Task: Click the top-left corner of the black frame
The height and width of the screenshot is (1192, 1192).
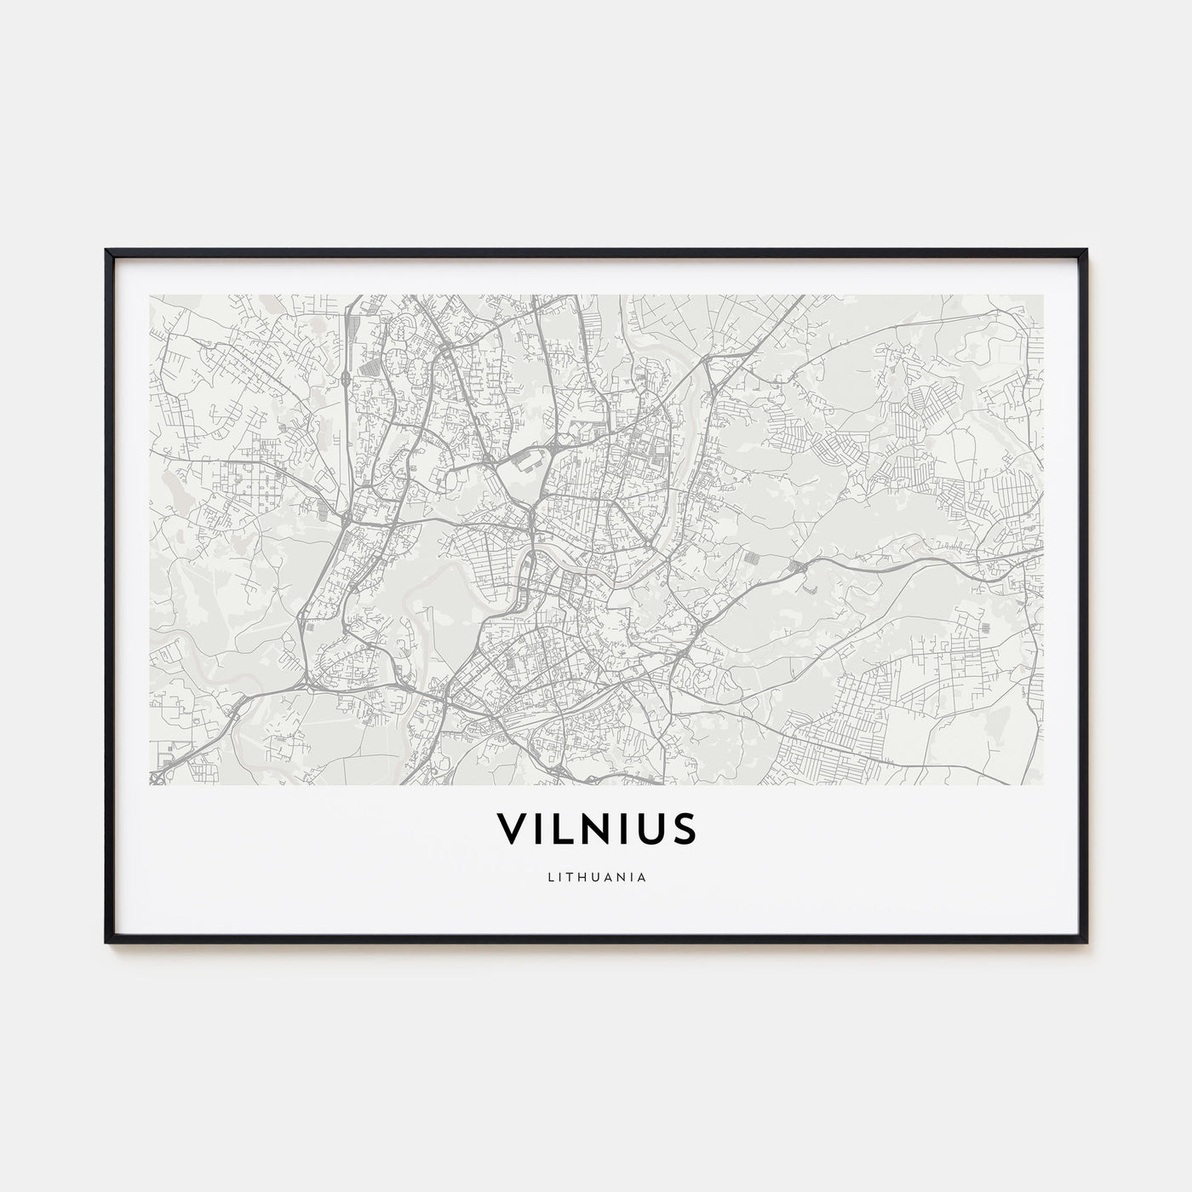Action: [x=106, y=250]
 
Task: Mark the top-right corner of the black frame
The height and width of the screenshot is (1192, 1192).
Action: [x=1086, y=250]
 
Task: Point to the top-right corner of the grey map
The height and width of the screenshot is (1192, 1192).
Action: [x=1043, y=295]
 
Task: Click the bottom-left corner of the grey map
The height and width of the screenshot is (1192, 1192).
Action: [x=149, y=784]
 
